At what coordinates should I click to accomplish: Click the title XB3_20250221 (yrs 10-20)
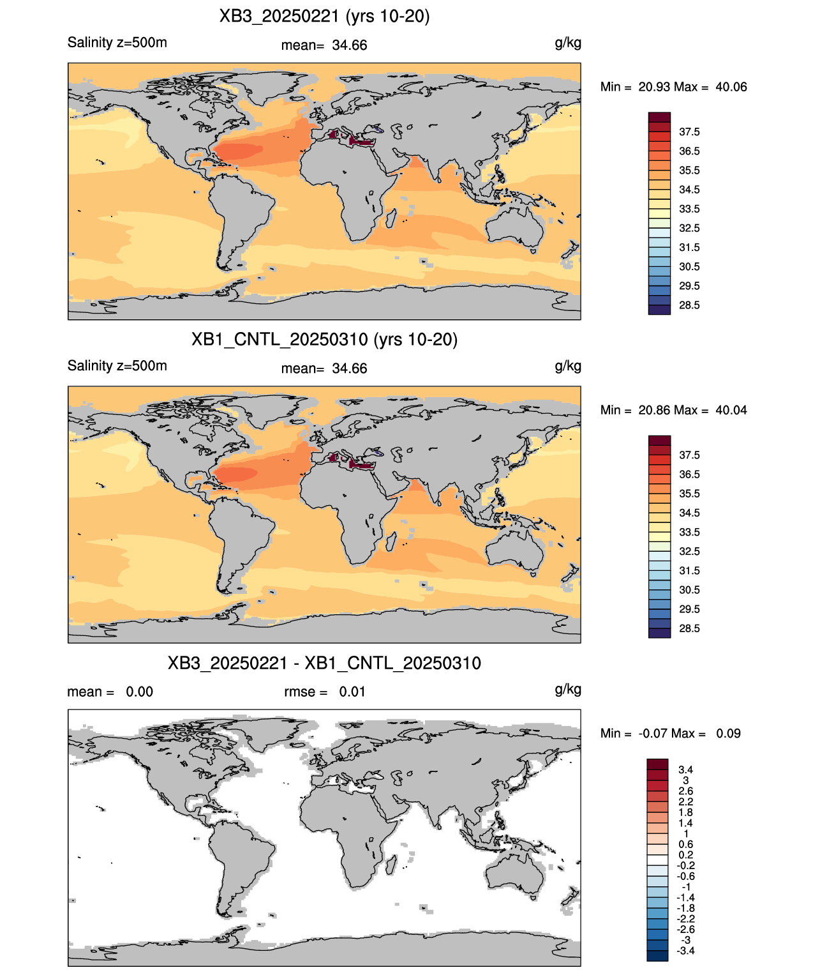[324, 17]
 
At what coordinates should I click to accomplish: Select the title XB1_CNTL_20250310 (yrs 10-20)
[324, 339]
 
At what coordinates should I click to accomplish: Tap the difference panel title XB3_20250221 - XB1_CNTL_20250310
[324, 663]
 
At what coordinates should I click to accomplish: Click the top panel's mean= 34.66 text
[324, 45]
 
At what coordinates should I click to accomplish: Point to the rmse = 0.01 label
[324, 692]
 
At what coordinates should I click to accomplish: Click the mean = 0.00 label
[110, 692]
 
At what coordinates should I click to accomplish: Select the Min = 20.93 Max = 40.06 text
[674, 87]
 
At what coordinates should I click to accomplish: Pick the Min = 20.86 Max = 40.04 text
[674, 410]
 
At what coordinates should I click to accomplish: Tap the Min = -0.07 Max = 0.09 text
[671, 734]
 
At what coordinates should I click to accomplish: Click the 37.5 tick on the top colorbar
[689, 132]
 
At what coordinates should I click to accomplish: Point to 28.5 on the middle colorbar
[689, 628]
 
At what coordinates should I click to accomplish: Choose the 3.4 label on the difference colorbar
[685, 769]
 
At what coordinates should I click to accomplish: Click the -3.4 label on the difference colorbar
[685, 951]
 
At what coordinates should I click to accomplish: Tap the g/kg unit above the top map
[568, 43]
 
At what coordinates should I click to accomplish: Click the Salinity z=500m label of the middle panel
[117, 365]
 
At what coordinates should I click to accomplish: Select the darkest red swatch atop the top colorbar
[659, 117]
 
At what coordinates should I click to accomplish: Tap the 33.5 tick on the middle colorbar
[689, 532]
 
